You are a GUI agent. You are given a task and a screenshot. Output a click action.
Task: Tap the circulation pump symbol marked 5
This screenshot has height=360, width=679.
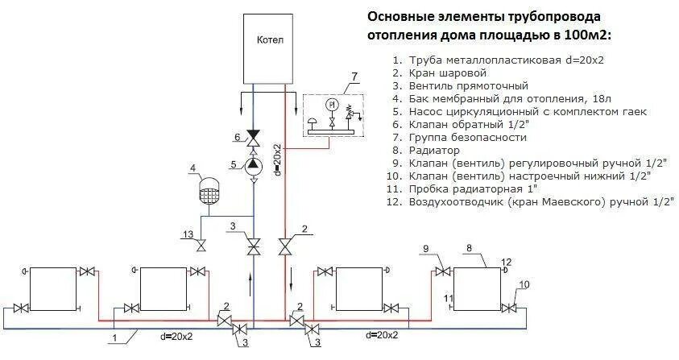(x=254, y=164)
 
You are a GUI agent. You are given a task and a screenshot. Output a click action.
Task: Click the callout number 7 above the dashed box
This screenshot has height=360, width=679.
(x=352, y=77)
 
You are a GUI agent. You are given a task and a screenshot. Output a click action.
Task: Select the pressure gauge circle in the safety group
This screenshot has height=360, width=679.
(x=330, y=106)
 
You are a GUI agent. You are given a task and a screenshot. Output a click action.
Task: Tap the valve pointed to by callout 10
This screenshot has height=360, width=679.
(x=507, y=307)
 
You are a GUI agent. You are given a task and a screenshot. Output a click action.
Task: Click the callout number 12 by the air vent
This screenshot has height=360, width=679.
(x=506, y=262)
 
